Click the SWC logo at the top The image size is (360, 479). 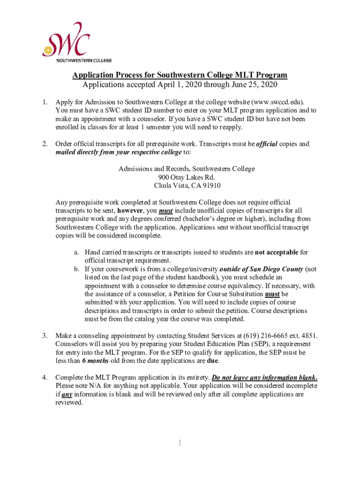pos(66,40)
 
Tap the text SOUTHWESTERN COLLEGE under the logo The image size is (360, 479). pos(84,60)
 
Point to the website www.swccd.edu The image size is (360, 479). pos(277,102)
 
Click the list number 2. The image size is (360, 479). pos(44,144)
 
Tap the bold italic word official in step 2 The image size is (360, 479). pos(267,144)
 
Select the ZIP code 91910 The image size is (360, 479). pos(211,186)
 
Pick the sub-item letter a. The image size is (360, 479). pos(76,253)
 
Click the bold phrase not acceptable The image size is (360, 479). pos(276,253)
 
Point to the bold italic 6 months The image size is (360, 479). pos(95,361)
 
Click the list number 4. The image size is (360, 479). pos(44,377)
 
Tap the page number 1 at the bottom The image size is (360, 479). pos(180,443)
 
